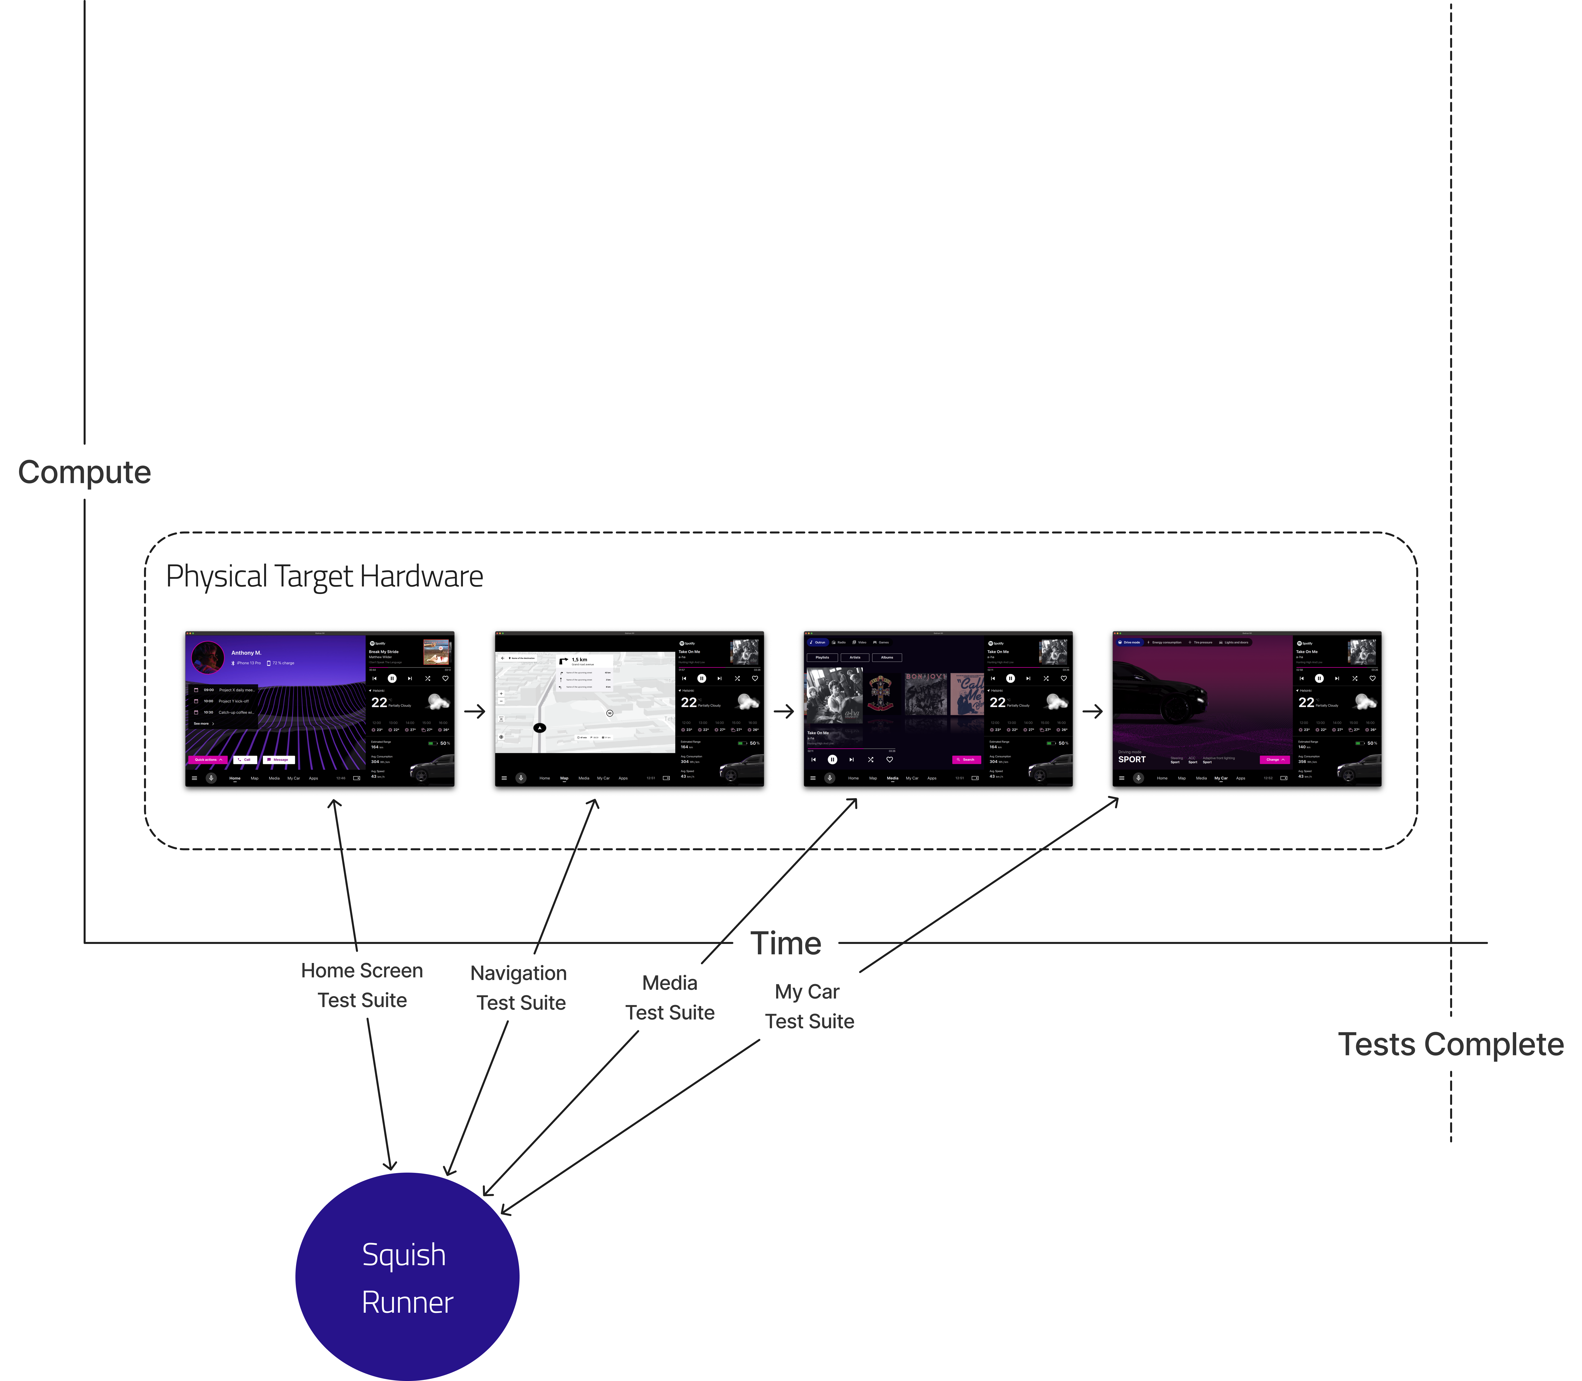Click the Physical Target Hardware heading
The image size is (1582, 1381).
pos(324,576)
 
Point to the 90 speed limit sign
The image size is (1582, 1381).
pos(610,713)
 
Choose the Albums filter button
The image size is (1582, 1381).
pos(887,657)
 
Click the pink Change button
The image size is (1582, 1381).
pos(1274,760)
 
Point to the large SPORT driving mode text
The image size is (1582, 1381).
pos(1132,760)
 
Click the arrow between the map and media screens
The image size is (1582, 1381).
pos(784,711)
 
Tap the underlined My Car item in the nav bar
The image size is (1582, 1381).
pos(1221,778)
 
